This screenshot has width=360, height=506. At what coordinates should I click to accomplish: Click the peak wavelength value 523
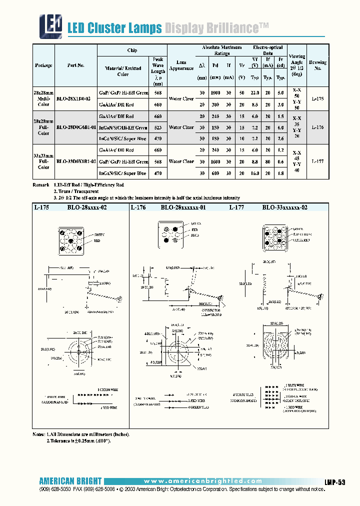158,127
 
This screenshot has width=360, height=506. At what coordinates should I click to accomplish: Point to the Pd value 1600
215,161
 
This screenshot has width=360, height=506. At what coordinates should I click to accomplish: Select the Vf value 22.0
254,93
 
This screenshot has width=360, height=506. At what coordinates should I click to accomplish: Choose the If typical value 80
268,161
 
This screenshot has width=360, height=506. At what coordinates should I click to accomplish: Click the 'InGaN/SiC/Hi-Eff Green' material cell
123,127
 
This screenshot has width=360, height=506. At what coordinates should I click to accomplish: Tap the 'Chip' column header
132,50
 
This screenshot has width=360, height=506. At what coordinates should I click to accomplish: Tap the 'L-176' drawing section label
138,206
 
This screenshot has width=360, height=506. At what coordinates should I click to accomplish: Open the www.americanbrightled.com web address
199,481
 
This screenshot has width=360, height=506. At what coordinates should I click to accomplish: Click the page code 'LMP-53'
335,481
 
